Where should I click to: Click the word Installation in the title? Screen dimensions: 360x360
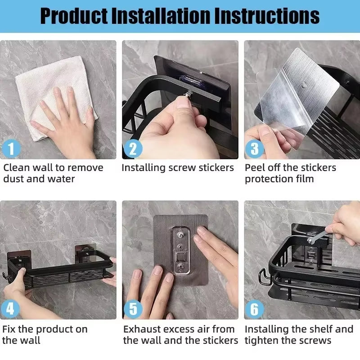click(161, 16)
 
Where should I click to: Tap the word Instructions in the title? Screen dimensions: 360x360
click(267, 16)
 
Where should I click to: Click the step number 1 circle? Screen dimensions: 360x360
click(11, 148)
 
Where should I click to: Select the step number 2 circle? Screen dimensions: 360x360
click(133, 148)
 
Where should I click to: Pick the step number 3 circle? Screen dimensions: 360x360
click(255, 148)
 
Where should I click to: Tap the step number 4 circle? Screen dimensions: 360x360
click(11, 309)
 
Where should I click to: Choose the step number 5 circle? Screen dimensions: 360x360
click(133, 309)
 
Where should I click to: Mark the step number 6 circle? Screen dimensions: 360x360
click(255, 309)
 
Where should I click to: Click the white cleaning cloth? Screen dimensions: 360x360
click(49, 90)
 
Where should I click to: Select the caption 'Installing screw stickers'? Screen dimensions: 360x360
click(178, 168)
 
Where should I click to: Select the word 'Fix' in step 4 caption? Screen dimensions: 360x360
click(9, 329)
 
